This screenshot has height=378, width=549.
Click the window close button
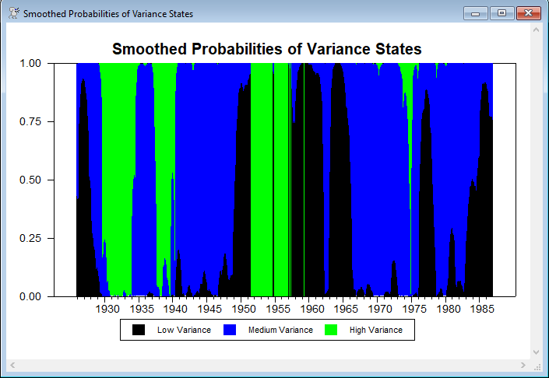(527, 12)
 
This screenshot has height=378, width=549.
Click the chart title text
(267, 49)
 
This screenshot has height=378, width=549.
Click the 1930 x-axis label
(107, 309)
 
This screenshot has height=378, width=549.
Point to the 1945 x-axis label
(209, 309)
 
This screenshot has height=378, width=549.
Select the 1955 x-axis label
(278, 309)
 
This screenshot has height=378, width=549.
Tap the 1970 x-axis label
(380, 309)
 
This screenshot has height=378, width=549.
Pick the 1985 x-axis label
(482, 309)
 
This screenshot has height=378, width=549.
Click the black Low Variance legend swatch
(139, 330)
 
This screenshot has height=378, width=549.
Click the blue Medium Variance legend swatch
(230, 330)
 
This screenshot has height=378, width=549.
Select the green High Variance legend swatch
(331, 330)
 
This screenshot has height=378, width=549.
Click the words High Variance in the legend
(375, 330)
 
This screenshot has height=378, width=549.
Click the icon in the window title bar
(13, 13)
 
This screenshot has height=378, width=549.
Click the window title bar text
(108, 14)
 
